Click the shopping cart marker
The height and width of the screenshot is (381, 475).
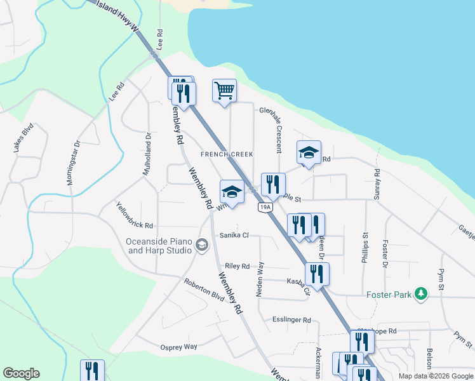[224, 91]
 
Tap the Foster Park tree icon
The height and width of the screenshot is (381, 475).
[419, 294]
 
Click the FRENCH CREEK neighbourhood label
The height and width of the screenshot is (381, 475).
[227, 154]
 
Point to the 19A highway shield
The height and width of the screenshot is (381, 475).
[265, 207]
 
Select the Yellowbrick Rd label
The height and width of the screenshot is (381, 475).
[135, 216]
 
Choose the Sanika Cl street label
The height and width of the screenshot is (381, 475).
[234, 236]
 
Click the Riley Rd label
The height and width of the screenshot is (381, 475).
[237, 267]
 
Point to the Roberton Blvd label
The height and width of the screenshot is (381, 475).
[204, 290]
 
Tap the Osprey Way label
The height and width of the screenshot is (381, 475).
[178, 347]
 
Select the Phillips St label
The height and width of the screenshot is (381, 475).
[366, 244]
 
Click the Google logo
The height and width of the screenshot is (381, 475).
[21, 373]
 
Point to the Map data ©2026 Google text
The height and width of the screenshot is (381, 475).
[435, 376]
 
